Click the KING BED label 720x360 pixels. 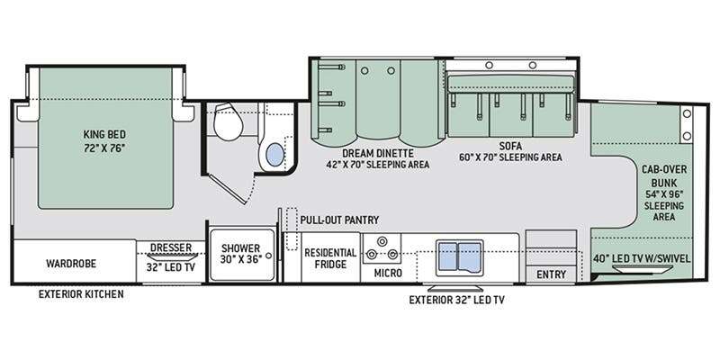click(104, 134)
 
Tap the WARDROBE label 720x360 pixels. click(71, 264)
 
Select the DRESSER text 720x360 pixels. click(171, 248)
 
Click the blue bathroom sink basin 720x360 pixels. click(275, 154)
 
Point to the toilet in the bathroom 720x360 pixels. click(229, 122)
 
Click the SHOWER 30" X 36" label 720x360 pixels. click(239, 253)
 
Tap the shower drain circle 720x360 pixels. click(269, 255)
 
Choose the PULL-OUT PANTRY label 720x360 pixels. click(340, 220)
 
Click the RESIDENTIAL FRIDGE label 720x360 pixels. click(330, 258)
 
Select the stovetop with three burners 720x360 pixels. click(382, 248)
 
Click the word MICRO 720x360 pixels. click(388, 274)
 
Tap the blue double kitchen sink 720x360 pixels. click(460, 257)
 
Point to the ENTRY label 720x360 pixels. click(551, 274)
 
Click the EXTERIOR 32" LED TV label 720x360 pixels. click(457, 301)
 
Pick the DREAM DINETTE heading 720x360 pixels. click(378, 153)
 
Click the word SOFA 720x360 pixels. click(510, 147)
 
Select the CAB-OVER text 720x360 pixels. click(664, 169)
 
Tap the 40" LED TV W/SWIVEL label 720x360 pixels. click(641, 258)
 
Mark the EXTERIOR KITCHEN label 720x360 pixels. click(81, 294)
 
